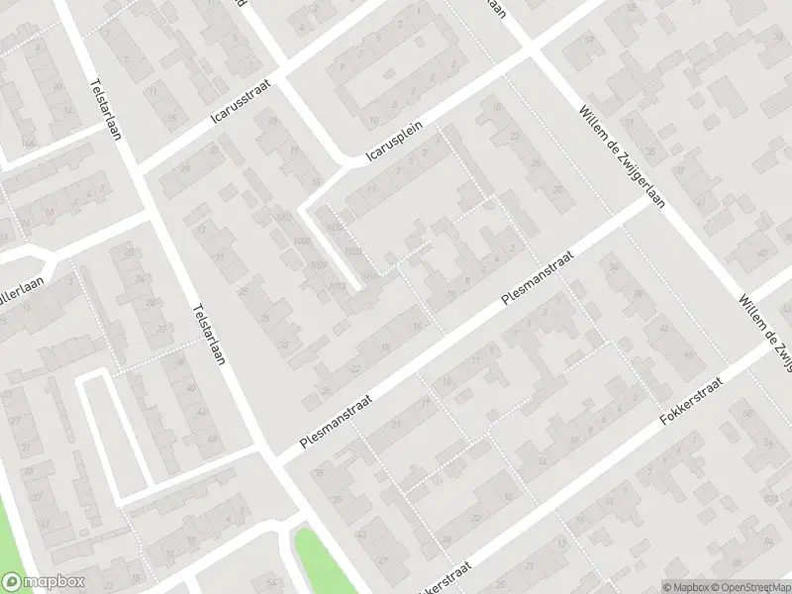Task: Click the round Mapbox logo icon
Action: click(x=12, y=582)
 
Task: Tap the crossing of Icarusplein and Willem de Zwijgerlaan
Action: click(x=532, y=49)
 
